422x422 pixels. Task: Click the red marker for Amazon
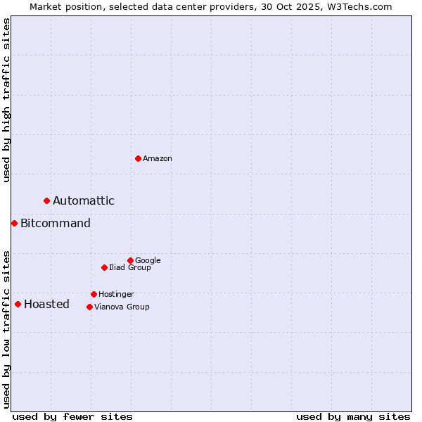click(x=138, y=158)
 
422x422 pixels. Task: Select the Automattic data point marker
click(x=47, y=201)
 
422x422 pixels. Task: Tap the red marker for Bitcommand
click(x=14, y=224)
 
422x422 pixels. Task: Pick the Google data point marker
click(x=130, y=260)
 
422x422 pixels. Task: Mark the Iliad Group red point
click(x=104, y=267)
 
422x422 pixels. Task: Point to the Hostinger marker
click(x=94, y=294)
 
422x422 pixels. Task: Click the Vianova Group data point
click(x=89, y=307)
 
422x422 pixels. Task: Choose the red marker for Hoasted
click(x=18, y=305)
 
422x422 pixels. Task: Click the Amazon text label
click(x=158, y=159)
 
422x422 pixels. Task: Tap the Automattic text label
click(x=84, y=201)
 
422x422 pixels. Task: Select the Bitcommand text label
click(x=56, y=224)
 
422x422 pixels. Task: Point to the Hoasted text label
click(x=46, y=305)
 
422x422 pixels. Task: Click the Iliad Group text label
click(x=130, y=268)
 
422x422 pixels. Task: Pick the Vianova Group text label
click(x=122, y=307)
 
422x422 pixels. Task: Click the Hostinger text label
click(x=116, y=295)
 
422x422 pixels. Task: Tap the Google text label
click(x=148, y=261)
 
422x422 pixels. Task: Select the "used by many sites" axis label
click(x=353, y=417)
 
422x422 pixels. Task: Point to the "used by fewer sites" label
click(x=72, y=417)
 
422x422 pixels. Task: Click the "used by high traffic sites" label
click(x=6, y=101)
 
